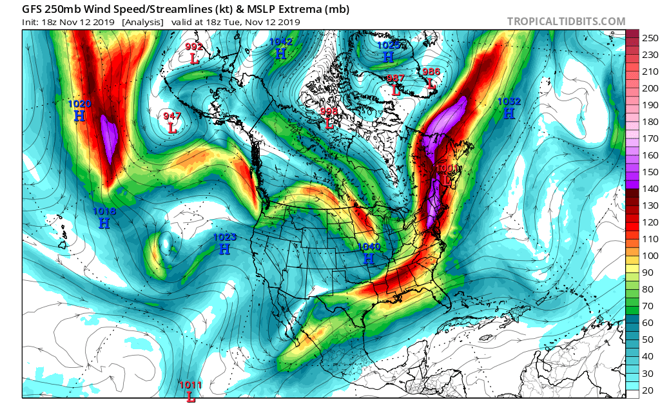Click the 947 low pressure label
(x=171, y=117)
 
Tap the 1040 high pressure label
(x=369, y=247)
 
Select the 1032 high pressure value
(x=509, y=101)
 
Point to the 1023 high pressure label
(x=225, y=237)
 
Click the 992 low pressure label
(x=194, y=47)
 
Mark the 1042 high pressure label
(x=281, y=42)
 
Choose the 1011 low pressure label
(x=191, y=385)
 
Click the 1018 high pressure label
(x=104, y=211)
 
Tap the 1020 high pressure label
(x=80, y=104)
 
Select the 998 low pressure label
(x=329, y=111)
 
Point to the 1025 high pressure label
(x=388, y=45)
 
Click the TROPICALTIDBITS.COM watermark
(x=566, y=21)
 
